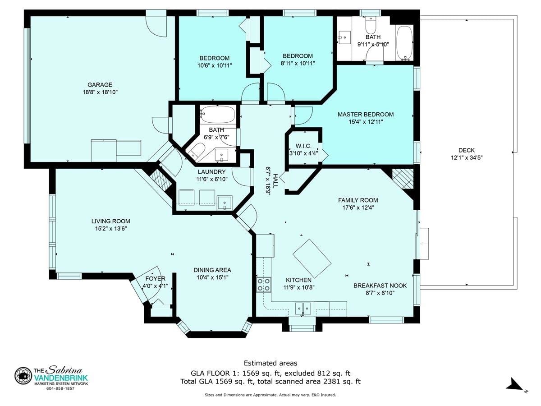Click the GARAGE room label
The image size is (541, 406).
pos(100,85)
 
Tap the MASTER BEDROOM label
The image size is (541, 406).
pos(366,115)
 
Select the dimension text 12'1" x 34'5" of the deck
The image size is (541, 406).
pos(467,158)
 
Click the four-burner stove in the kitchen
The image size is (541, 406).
pos(263,285)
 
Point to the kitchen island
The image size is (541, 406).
pos(312,258)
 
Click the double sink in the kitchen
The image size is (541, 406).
pos(303,308)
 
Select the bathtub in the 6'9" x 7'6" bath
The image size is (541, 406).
pos(217,115)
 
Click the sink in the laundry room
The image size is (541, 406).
pos(224,203)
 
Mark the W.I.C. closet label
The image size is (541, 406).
pos(303,146)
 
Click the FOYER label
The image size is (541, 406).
pos(155,279)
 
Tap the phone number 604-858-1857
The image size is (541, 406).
pos(60,389)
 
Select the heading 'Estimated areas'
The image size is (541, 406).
pos(270,363)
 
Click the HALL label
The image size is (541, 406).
pos(275,181)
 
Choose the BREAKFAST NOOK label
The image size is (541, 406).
pos(380,286)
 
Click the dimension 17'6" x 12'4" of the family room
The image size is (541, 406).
pos(358,208)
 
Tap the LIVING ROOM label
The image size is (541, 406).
pos(110,221)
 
